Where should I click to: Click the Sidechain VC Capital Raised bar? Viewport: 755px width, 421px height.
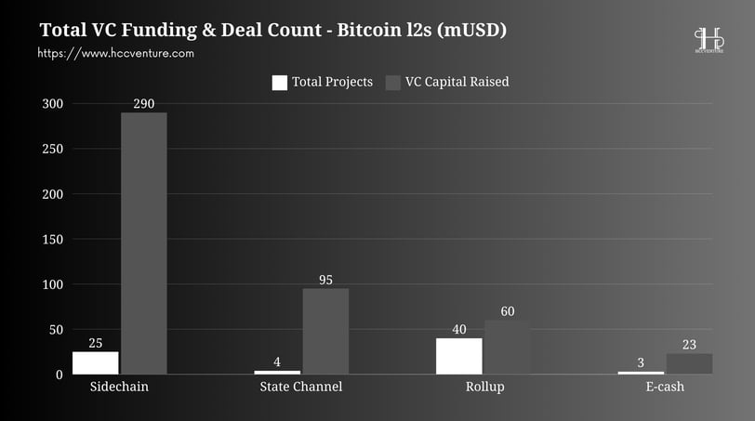click(144, 243)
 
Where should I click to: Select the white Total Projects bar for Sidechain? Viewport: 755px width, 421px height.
click(96, 362)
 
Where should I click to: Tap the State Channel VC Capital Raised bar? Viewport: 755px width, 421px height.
click(325, 331)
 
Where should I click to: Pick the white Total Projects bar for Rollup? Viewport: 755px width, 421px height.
click(459, 356)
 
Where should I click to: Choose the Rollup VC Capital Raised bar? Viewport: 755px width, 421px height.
click(507, 348)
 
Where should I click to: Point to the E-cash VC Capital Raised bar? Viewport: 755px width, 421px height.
click(689, 363)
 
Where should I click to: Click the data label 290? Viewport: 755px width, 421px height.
click(144, 104)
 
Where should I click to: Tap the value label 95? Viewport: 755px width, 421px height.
click(325, 280)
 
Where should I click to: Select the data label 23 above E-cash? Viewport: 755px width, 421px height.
click(689, 345)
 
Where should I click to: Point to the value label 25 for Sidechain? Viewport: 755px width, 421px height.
click(96, 343)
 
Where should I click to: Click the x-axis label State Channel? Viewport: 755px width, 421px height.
click(300, 387)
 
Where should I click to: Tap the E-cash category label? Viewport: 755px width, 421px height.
click(665, 387)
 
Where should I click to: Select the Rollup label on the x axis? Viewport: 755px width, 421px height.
click(484, 387)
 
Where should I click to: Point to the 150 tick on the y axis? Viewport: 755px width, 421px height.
click(52, 240)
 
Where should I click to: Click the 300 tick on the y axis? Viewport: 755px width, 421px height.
click(52, 104)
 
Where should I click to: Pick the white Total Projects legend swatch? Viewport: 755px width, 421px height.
click(279, 83)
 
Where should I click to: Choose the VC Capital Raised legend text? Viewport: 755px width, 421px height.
click(457, 82)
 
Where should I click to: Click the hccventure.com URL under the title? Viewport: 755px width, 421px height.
click(116, 53)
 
